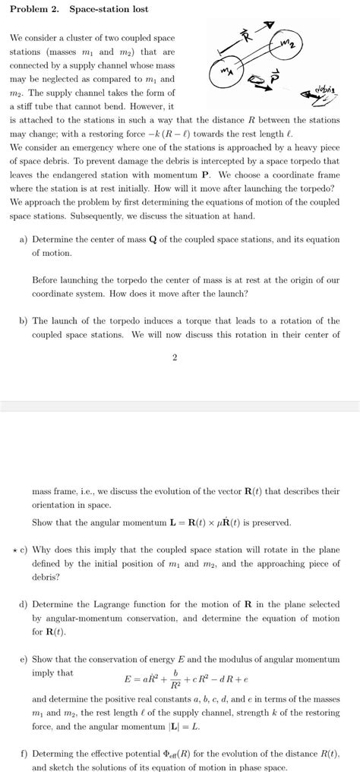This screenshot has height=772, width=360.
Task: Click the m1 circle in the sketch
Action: pos(225,73)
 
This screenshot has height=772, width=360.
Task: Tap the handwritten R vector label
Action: pos(245,34)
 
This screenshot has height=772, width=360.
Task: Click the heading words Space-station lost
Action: pos(109,9)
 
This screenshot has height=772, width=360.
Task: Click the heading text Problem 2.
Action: pos(34,9)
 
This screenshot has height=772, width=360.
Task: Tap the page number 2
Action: pos(175,358)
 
